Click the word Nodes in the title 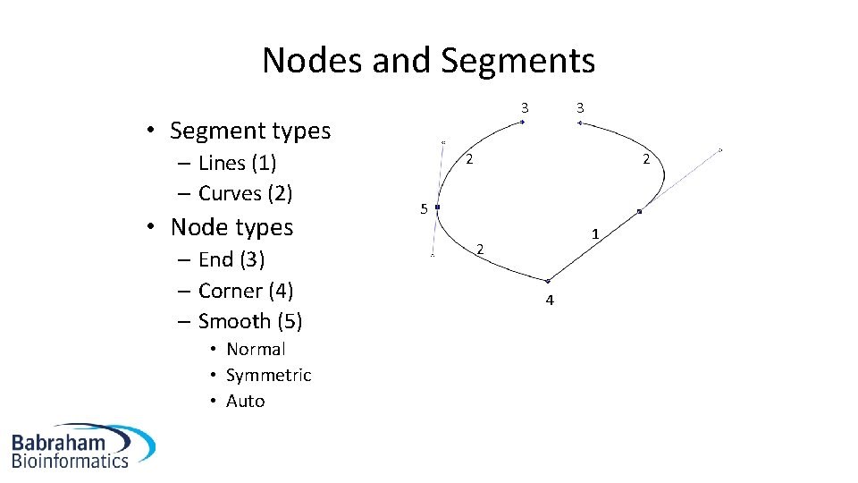pos(305,61)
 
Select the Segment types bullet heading pos(249,131)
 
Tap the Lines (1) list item pos(237,163)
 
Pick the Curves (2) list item pos(245,193)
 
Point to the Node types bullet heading pos(231,227)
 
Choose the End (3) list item pos(231,259)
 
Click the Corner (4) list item pos(246,291)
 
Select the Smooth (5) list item pos(249,321)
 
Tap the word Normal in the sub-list pos(256,349)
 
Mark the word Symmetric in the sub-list pos(268,375)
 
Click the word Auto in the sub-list pos(245,401)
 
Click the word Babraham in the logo pos(59,442)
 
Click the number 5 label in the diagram pos(423,210)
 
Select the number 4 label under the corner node pos(550,301)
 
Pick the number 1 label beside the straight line pos(593,234)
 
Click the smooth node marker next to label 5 pos(437,208)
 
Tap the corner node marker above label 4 pos(547,282)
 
